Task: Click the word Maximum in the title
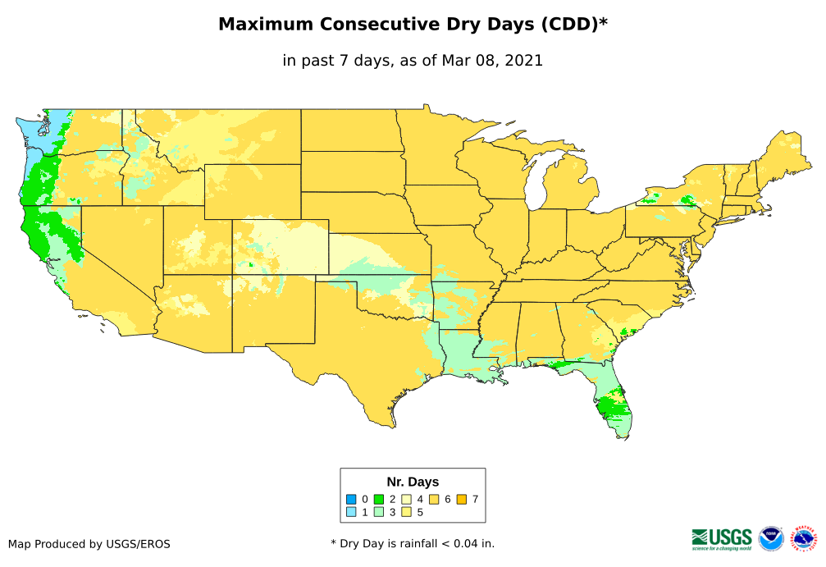pyautogui.click(x=267, y=25)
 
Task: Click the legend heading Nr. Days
pyautogui.click(x=413, y=482)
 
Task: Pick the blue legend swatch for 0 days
pyautogui.click(x=351, y=499)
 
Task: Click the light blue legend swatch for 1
pyautogui.click(x=351, y=512)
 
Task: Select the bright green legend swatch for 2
pyautogui.click(x=379, y=499)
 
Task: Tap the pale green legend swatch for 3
pyautogui.click(x=379, y=512)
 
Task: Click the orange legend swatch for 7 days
pyautogui.click(x=462, y=499)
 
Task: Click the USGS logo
pyautogui.click(x=722, y=537)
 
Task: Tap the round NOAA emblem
pyautogui.click(x=771, y=538)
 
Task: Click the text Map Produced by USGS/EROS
pyautogui.click(x=89, y=544)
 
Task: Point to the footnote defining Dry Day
pyautogui.click(x=413, y=543)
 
